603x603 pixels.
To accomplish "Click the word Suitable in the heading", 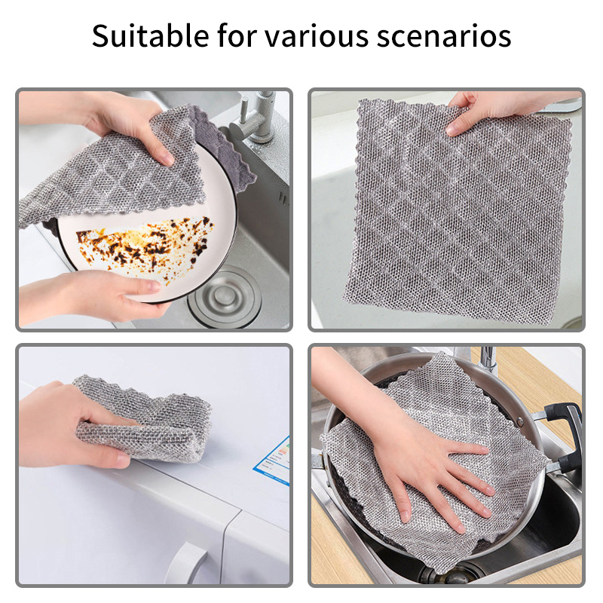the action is pos(150,35).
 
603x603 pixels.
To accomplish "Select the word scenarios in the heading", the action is pos(444,36).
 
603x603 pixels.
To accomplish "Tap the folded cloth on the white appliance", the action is pos(143,418).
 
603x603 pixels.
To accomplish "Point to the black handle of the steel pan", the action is pos(565,435).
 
